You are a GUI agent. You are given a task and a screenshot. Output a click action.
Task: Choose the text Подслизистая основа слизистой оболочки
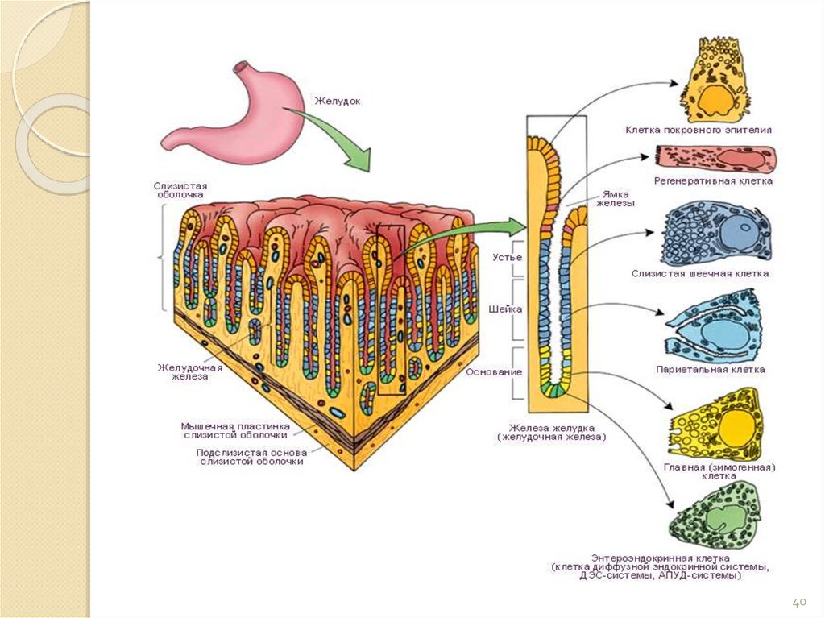tap(251, 457)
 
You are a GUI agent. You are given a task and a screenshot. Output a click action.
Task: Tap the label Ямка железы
tap(616, 198)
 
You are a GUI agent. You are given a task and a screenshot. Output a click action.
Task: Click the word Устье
tap(507, 257)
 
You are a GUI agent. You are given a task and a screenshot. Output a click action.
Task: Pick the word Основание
tap(494, 372)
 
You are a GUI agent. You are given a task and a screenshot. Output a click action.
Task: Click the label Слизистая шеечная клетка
tap(700, 273)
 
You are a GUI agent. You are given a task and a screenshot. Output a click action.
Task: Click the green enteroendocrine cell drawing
tap(715, 515)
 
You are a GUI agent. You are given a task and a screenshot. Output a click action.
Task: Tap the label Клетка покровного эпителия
tap(699, 129)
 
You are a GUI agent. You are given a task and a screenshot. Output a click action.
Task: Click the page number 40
tap(799, 602)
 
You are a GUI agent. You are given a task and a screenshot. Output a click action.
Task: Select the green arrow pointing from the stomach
tap(339, 137)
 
